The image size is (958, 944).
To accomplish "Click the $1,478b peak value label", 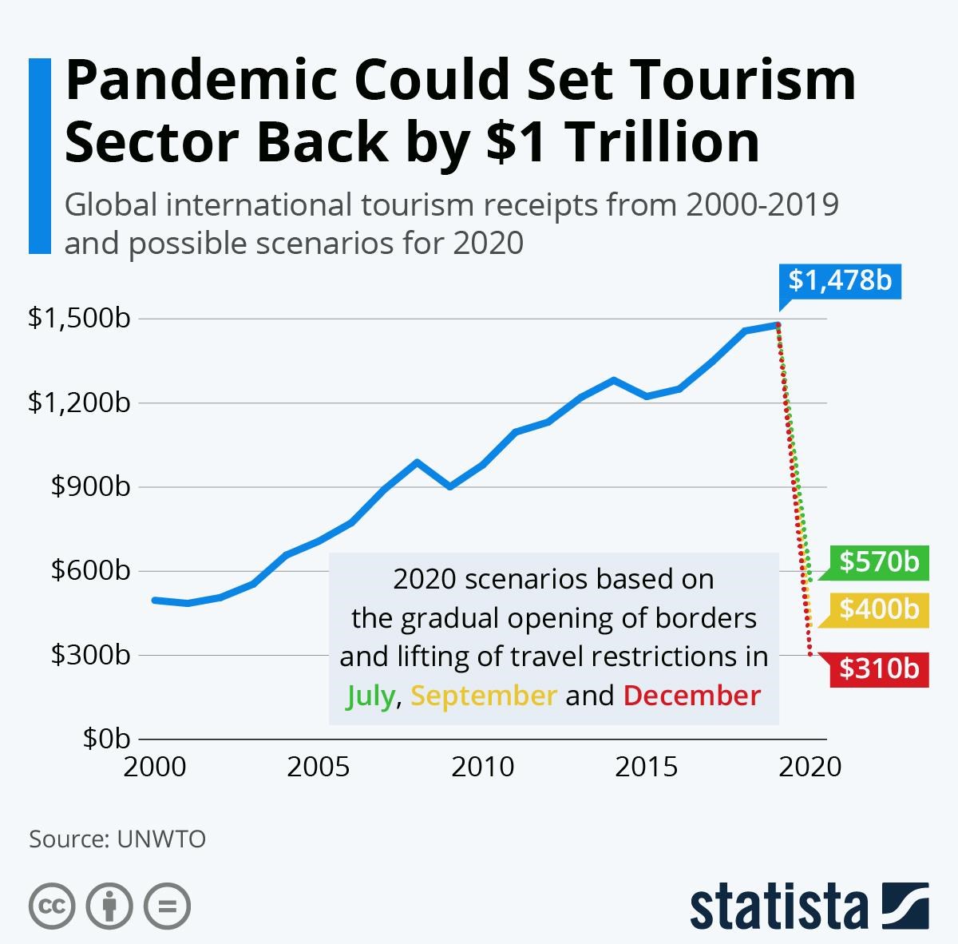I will tap(840, 280).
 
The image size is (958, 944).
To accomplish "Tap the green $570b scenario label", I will tap(878, 561).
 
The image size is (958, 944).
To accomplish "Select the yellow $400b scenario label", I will tap(878, 610).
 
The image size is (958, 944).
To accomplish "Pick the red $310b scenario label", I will tap(878, 668).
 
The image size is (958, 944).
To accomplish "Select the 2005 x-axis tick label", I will tap(319, 767).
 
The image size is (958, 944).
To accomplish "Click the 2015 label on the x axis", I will tap(646, 767).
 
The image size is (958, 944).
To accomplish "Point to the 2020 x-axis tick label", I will tap(810, 767).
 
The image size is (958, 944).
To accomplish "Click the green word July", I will tap(370, 696).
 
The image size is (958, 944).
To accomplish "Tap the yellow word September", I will tap(484, 696).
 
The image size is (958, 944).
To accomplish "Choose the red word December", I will tap(692, 696).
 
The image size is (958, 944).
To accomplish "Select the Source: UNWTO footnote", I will tap(117, 839).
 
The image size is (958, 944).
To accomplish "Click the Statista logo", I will tap(809, 906).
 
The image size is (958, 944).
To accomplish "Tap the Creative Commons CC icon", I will tap(52, 906).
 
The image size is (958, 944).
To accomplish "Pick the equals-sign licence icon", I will tap(167, 906).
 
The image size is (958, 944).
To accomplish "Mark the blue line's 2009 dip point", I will tap(450, 486).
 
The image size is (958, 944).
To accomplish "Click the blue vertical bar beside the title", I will tap(39, 156).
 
